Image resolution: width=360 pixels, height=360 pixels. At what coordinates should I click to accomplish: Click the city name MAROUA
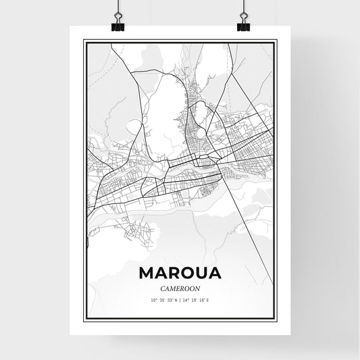180,273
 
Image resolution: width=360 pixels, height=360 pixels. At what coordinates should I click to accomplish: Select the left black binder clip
117,25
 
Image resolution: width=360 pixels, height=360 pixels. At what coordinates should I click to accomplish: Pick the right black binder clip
243,25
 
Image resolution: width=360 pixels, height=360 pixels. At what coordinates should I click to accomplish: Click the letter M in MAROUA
147,273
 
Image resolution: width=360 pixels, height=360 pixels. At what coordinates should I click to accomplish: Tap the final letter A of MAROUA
213,273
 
